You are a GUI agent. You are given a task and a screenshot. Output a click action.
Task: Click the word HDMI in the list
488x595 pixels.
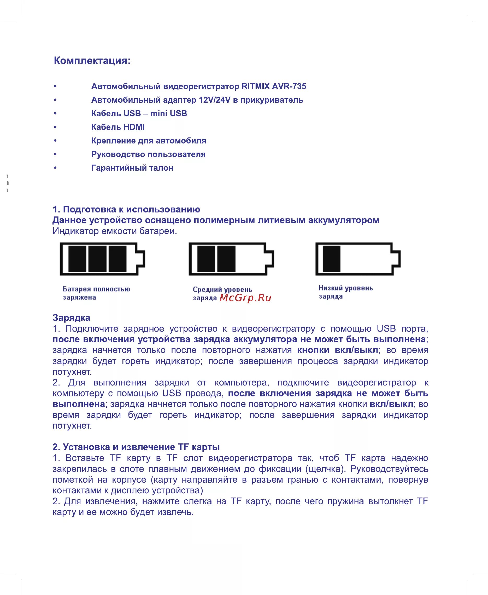tap(134, 127)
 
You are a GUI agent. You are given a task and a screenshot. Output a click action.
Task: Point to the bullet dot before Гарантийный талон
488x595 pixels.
tap(55, 168)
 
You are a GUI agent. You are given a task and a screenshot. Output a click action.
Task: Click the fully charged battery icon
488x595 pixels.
tap(102, 259)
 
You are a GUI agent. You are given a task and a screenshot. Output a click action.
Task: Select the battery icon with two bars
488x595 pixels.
tap(231, 259)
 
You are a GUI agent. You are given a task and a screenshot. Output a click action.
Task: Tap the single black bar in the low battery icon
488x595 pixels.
tap(331, 259)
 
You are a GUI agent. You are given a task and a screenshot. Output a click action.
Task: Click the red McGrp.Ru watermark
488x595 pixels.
tap(245, 298)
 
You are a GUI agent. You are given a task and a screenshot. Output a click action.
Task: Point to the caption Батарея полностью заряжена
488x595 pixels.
tap(96, 293)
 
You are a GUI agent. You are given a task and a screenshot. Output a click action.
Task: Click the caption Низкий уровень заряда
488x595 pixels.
tap(345, 292)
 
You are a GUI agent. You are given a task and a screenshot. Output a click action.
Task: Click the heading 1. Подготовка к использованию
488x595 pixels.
tap(126, 209)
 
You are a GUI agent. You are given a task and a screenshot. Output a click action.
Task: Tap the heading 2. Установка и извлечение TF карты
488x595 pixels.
tap(136, 447)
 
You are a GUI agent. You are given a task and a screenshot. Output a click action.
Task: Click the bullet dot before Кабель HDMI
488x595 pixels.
tap(55, 127)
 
